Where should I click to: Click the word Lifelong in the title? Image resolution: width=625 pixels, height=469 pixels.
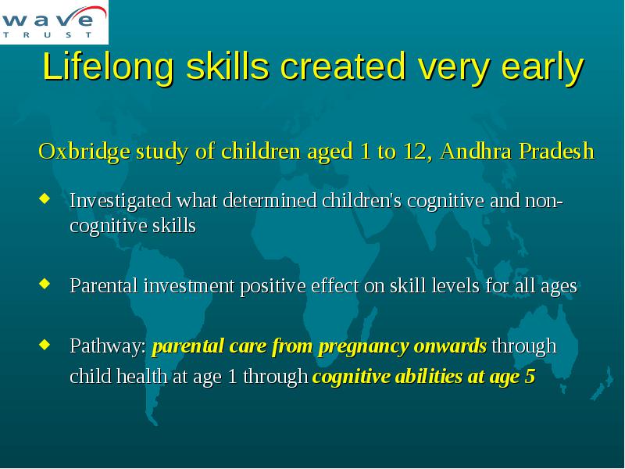(109, 67)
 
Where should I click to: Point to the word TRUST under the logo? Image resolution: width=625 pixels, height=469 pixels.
(48, 35)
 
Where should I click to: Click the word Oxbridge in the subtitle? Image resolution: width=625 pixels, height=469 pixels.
(84, 152)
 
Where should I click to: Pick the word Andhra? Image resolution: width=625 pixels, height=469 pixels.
(476, 151)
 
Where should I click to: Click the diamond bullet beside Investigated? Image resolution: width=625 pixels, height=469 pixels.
(45, 199)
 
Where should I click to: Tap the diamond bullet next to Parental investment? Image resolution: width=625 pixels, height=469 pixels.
(45, 284)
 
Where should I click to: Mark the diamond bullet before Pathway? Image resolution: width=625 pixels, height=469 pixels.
(45, 344)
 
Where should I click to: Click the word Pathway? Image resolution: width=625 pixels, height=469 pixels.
(108, 346)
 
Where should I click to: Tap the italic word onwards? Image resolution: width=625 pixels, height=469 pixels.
(451, 345)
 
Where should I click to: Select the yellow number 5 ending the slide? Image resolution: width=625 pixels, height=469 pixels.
(530, 377)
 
